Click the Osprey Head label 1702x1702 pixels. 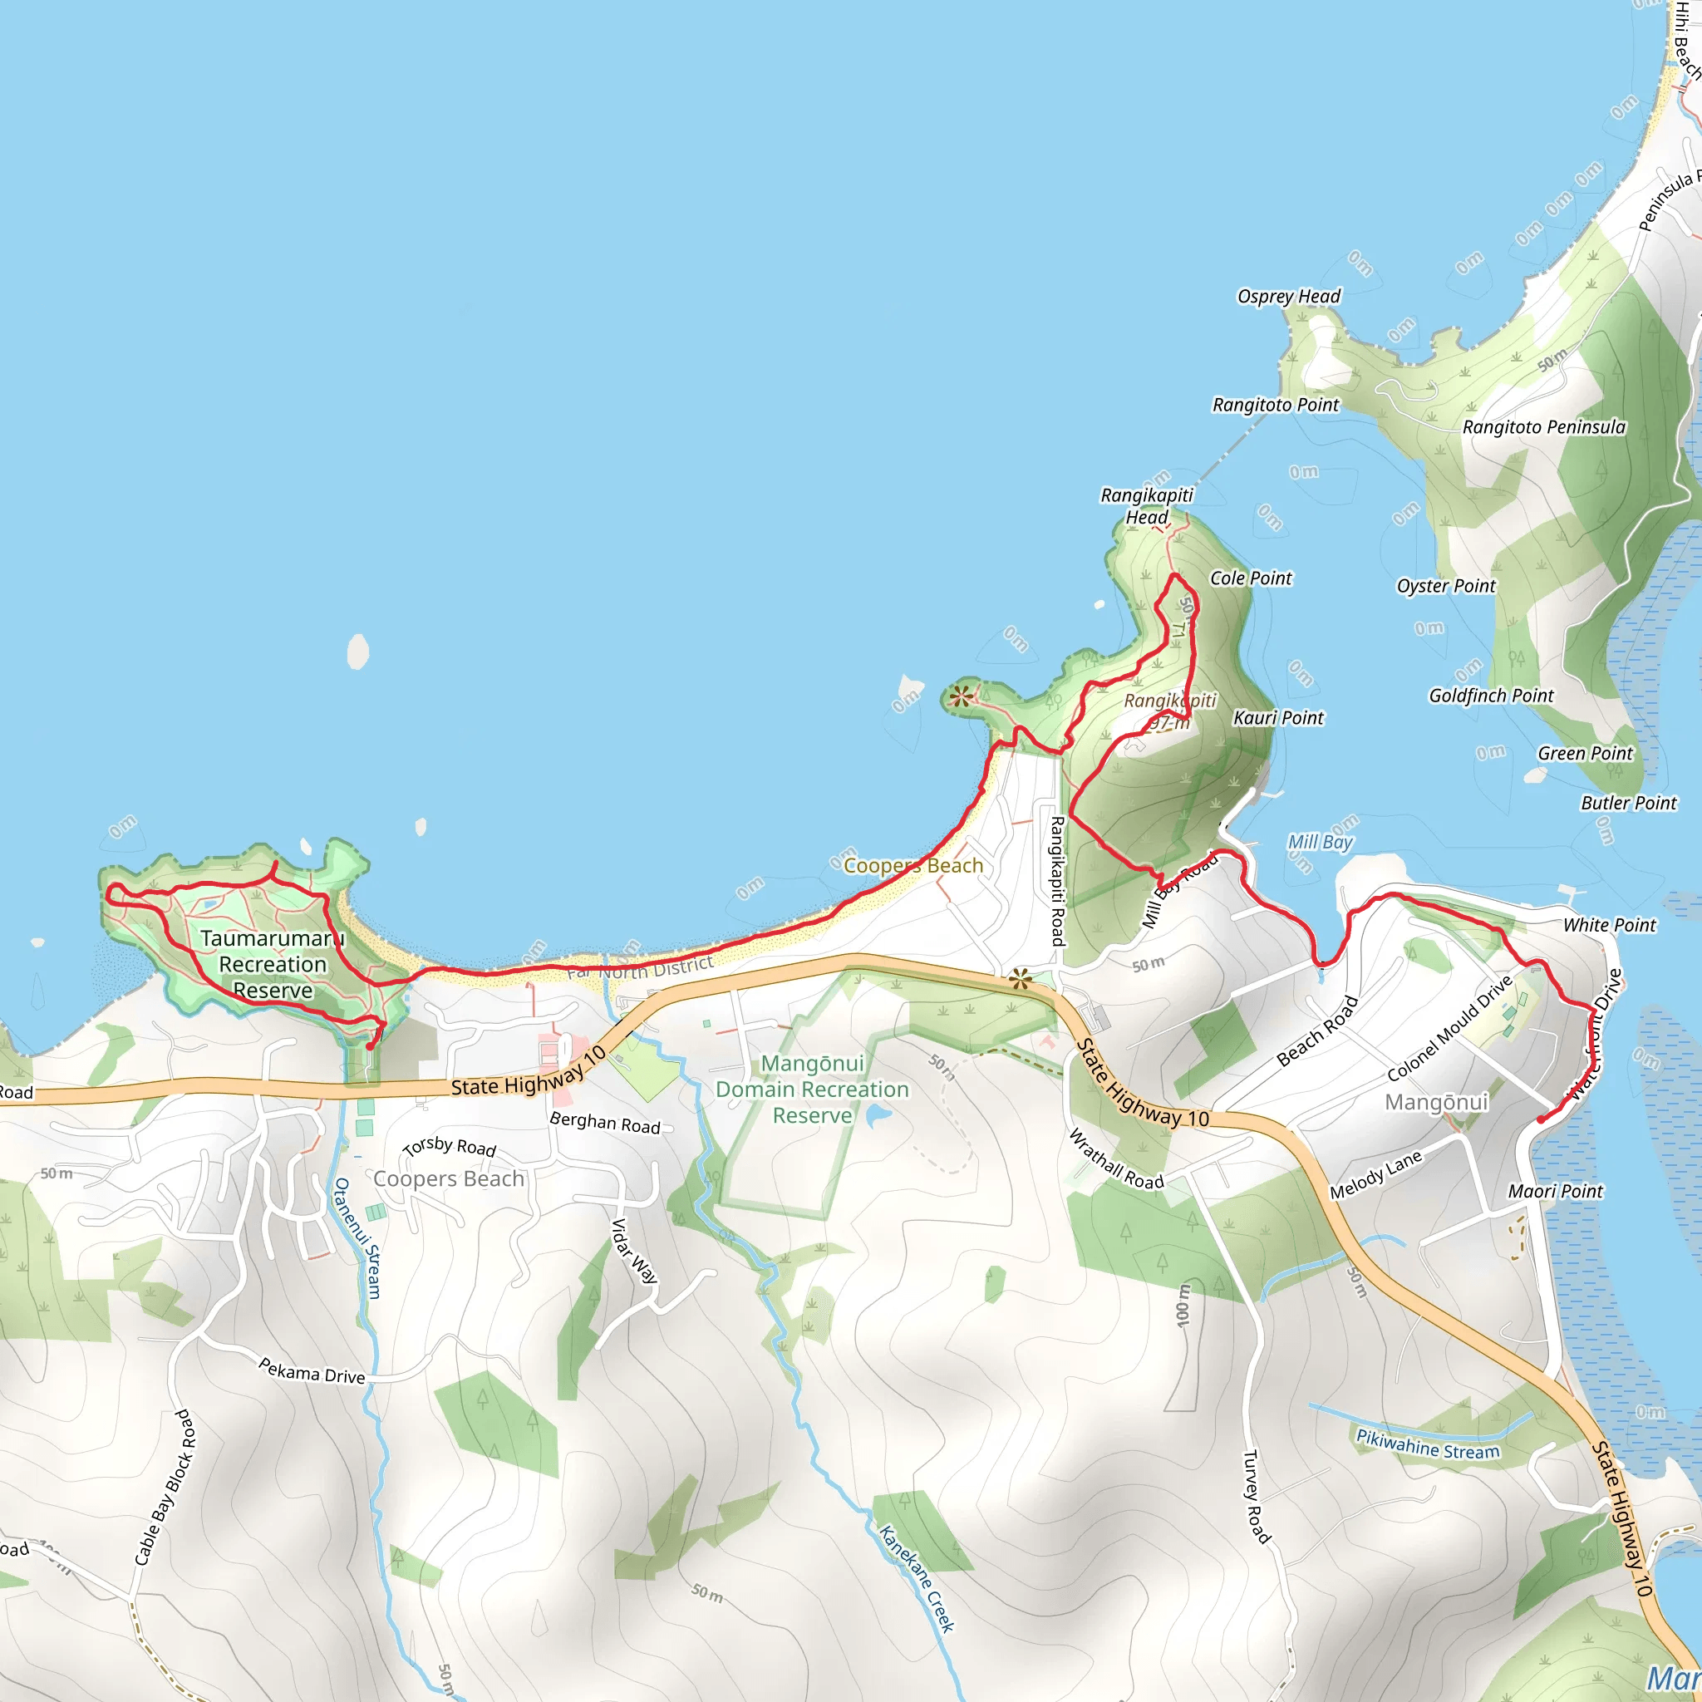(x=1289, y=296)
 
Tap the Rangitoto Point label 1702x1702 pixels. (x=1275, y=405)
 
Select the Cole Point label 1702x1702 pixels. (x=1250, y=578)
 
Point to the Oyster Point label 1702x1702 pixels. (x=1446, y=586)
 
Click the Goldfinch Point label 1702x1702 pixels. (x=1491, y=695)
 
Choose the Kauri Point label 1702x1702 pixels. (x=1278, y=718)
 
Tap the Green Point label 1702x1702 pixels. (x=1585, y=753)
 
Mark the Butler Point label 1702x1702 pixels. (x=1629, y=803)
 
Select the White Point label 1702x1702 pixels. (x=1610, y=925)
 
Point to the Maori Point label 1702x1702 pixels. (x=1555, y=1191)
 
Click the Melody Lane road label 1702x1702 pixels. (x=1375, y=1175)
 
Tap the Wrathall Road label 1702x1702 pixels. (x=1115, y=1159)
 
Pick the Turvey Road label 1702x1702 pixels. (x=1256, y=1497)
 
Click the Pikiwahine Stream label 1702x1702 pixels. (x=1427, y=1444)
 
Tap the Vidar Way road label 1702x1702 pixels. (x=634, y=1250)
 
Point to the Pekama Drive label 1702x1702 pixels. (x=311, y=1370)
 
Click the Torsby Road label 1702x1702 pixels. (x=450, y=1146)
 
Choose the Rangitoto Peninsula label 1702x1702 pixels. (x=1543, y=427)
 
